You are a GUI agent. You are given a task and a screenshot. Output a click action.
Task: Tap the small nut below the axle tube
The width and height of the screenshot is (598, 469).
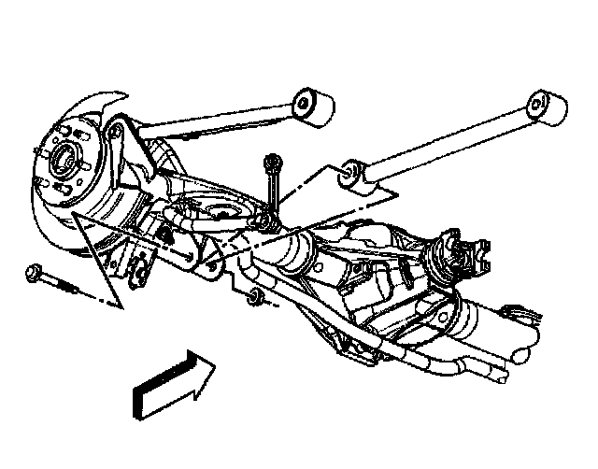[x=252, y=299]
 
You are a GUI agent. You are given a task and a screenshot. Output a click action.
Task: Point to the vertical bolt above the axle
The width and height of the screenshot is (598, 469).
[x=270, y=187]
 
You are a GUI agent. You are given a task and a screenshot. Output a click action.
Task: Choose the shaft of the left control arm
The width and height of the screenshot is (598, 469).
[x=215, y=120]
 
